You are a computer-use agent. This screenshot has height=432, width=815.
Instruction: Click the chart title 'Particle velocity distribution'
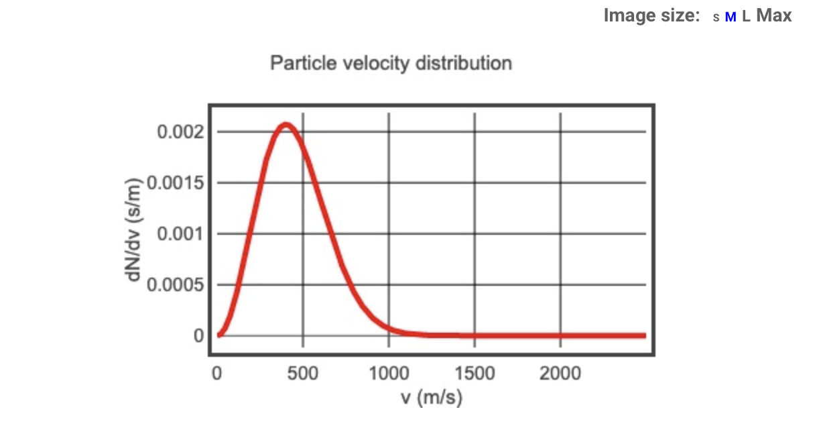point(391,64)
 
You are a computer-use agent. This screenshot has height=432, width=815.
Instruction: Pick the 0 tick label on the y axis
point(199,336)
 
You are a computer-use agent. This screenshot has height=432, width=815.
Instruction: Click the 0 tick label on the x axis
point(216,374)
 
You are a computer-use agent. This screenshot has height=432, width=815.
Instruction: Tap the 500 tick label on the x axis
point(302,374)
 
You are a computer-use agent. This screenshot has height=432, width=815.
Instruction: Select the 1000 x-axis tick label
point(389,374)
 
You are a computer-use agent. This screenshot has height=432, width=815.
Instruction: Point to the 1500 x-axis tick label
point(475,374)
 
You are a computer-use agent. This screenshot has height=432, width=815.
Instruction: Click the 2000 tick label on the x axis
point(560,374)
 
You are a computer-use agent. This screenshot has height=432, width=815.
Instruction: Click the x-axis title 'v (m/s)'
point(432,398)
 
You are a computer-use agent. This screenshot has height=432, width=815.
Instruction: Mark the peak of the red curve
point(286,124)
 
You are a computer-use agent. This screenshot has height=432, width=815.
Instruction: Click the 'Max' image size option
point(774,15)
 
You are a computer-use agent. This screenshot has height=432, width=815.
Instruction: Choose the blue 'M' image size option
point(731,17)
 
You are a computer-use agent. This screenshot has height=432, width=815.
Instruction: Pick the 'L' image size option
point(746,17)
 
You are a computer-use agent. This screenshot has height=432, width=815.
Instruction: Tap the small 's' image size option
point(716,18)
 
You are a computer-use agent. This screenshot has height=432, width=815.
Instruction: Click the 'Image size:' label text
point(651,15)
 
